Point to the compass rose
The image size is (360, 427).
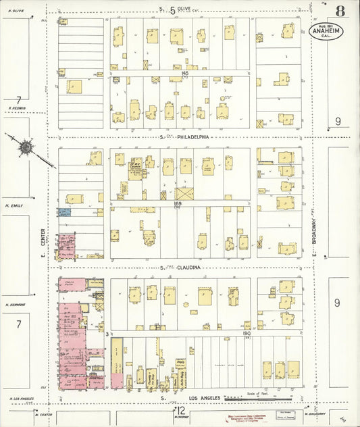pos(26,147)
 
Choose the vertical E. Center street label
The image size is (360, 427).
pos(41,243)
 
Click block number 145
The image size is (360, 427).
pos(184,73)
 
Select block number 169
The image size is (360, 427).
pos(179,203)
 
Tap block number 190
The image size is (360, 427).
pos(246,333)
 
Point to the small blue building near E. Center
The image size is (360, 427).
pos(64,212)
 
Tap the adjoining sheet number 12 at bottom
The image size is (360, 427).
pos(180,410)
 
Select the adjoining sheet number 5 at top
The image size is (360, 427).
pos(172,9)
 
